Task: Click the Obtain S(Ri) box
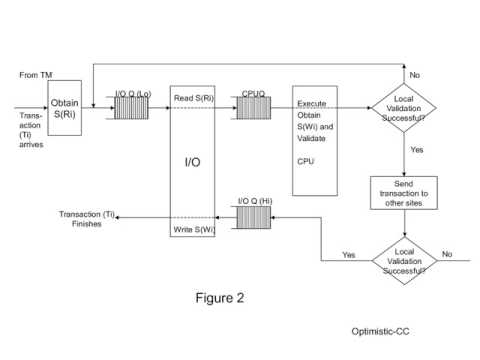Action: point(64,107)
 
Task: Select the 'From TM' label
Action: point(37,75)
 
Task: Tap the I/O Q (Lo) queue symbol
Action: point(130,107)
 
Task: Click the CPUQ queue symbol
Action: point(253,107)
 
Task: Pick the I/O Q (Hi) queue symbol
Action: point(252,218)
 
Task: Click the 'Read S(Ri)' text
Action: point(194,98)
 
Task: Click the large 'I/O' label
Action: point(193,161)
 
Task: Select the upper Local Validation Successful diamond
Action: point(404,108)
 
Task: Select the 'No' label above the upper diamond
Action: point(414,75)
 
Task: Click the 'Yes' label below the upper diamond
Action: point(416,149)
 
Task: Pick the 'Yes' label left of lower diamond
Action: point(348,254)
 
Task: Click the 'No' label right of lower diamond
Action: point(447,254)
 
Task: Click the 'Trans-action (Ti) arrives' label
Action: point(31,128)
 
